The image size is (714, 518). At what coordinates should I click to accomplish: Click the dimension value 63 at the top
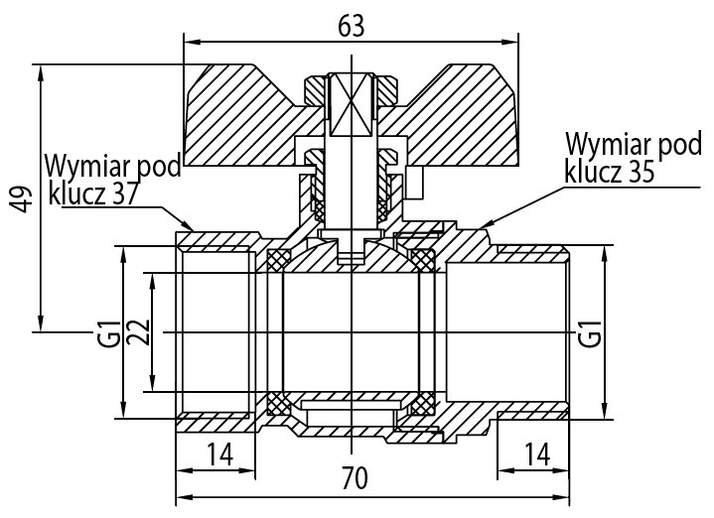pos(351,27)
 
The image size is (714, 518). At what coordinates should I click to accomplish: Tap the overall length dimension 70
pos(355,478)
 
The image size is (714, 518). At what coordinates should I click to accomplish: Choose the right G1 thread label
pos(590,330)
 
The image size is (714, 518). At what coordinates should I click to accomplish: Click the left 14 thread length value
pos(219,454)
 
